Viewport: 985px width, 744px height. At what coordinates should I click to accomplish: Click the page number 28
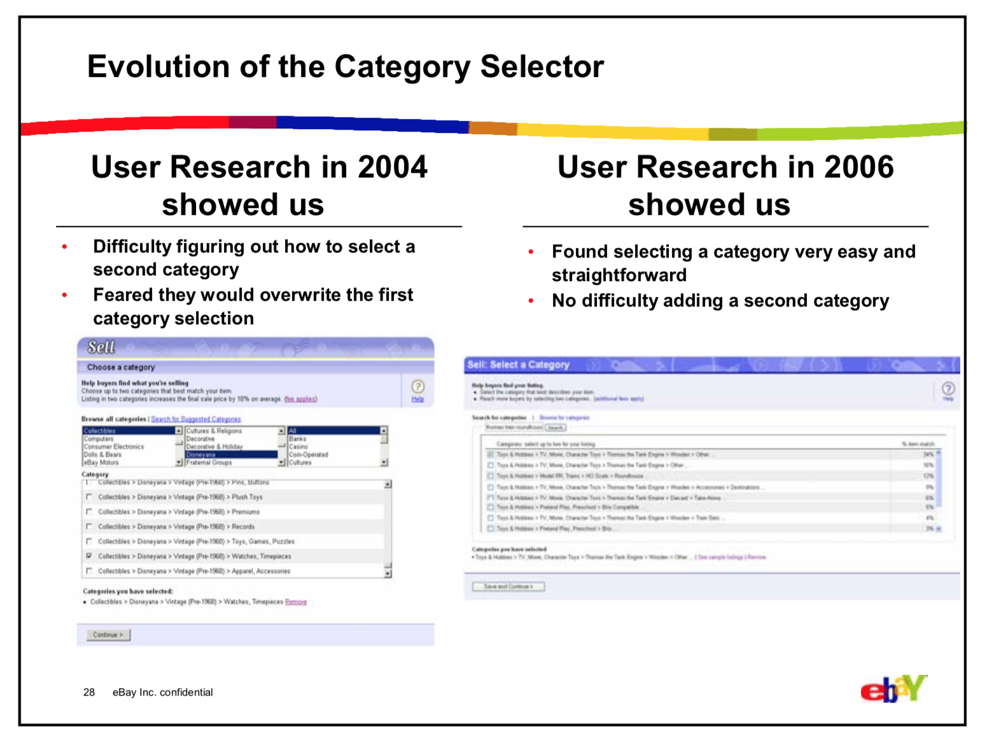point(89,692)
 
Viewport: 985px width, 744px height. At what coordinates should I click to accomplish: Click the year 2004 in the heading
point(392,167)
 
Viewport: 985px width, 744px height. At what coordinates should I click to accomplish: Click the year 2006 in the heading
point(858,167)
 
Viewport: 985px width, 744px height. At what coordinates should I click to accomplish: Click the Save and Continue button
point(508,586)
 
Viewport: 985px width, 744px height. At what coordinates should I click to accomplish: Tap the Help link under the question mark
point(417,399)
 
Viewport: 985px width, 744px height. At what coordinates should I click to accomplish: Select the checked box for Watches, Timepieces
point(89,556)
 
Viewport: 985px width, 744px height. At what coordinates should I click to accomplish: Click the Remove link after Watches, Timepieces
point(296,602)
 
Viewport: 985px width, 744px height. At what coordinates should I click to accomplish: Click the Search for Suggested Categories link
point(196,419)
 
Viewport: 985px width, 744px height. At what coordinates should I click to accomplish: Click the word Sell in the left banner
point(101,347)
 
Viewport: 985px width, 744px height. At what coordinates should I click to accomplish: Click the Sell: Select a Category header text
point(518,365)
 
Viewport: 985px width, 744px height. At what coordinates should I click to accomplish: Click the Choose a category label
point(121,368)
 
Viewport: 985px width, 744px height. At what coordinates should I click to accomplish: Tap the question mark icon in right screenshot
point(947,388)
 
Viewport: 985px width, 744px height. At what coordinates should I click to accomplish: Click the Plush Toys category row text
point(247,497)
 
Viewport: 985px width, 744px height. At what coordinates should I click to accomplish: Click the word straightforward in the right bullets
point(618,275)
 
